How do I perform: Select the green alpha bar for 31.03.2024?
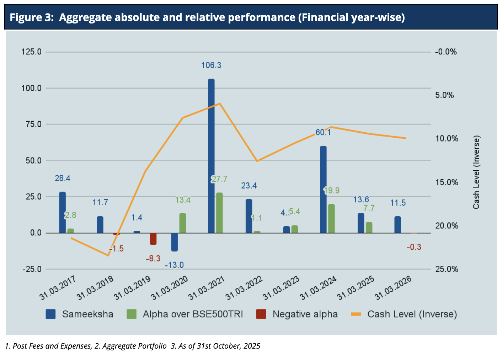point(331,218)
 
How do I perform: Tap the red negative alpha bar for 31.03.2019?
point(153,239)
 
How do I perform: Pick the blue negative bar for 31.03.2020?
point(174,242)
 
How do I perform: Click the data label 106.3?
point(211,65)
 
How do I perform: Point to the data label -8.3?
point(153,259)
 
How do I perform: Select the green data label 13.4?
point(183,200)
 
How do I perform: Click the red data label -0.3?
point(414,247)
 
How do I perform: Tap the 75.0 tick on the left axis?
point(32,124)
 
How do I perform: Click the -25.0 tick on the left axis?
point(32,269)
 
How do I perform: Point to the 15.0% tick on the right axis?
point(447,182)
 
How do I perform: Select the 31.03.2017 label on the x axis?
point(58,288)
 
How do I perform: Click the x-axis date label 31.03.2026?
point(394,288)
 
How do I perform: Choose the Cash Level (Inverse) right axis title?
point(476,172)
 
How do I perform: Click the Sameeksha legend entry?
point(87,314)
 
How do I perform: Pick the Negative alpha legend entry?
point(305,314)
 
